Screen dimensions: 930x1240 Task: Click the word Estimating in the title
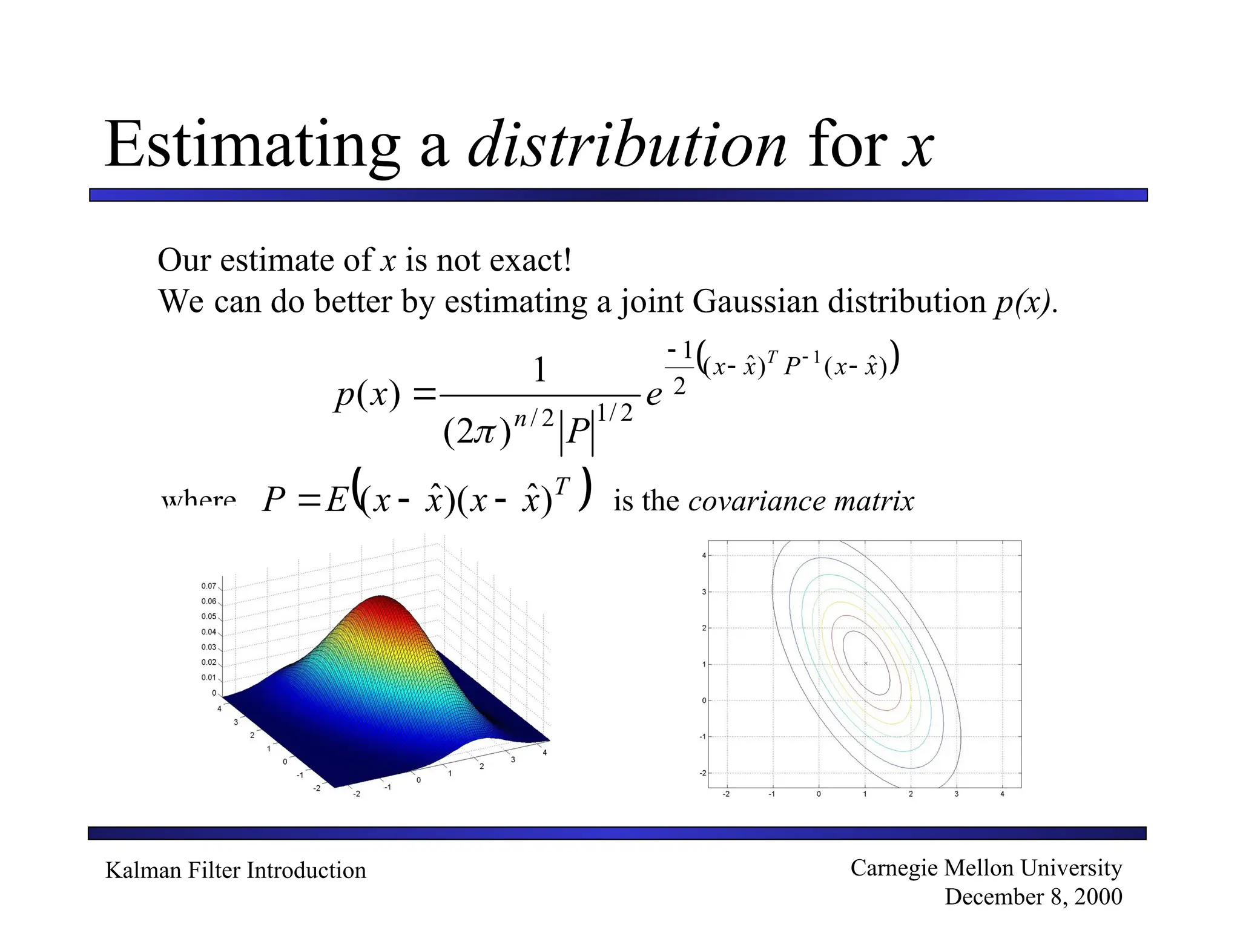[x=251, y=145]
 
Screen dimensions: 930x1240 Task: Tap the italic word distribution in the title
[x=627, y=145]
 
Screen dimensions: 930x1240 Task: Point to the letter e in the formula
[x=654, y=395]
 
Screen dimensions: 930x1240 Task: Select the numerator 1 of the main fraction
[x=539, y=369]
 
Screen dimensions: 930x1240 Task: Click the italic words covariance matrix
[x=800, y=501]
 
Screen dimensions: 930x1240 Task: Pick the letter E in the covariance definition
[x=337, y=501]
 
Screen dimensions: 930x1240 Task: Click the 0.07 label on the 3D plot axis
[x=208, y=586]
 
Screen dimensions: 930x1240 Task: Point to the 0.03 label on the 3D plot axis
[x=208, y=647]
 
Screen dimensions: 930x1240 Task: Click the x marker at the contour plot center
[x=865, y=664]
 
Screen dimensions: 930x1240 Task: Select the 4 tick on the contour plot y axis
[x=704, y=555]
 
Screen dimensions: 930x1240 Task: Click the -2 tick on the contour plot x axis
[x=726, y=794]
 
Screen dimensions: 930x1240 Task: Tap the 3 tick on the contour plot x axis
[x=956, y=794]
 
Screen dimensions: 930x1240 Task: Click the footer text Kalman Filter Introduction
[x=236, y=870]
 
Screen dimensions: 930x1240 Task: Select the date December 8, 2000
[x=1033, y=897]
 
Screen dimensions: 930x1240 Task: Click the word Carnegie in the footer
[x=894, y=868]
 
